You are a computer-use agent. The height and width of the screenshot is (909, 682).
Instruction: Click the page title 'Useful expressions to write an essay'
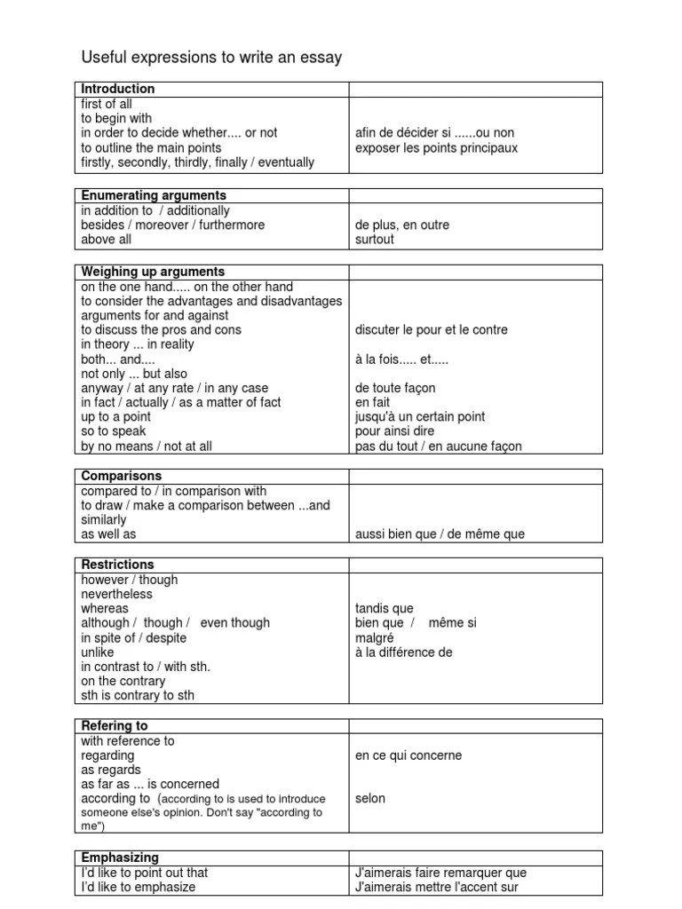point(211,58)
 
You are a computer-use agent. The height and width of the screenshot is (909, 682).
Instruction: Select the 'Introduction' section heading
point(118,89)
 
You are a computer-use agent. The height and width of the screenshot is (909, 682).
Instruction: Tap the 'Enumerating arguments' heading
point(154,195)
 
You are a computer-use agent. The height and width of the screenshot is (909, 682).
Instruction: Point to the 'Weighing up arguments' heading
point(153,272)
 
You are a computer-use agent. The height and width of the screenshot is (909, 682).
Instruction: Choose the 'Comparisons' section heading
point(121,476)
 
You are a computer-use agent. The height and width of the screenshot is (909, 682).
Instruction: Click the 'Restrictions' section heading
point(117,565)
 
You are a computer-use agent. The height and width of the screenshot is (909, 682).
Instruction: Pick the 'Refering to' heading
point(115,726)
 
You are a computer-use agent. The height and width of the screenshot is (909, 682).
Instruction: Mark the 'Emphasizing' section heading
point(120,858)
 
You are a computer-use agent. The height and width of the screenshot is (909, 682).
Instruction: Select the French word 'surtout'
point(375,240)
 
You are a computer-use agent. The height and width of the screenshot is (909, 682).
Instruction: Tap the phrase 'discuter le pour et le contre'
point(432,329)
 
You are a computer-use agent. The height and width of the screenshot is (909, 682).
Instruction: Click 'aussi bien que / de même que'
point(440,534)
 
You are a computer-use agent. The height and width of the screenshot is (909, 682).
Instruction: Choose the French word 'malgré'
point(374,637)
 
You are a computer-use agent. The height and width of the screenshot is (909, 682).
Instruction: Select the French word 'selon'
point(370,798)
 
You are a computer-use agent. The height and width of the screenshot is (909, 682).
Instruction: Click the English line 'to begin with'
point(116,118)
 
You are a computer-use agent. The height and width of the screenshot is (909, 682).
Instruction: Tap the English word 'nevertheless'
point(117,594)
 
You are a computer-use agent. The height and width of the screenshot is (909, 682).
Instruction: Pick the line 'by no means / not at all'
point(147,447)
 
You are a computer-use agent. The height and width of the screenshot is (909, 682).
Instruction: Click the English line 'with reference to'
point(128,740)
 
